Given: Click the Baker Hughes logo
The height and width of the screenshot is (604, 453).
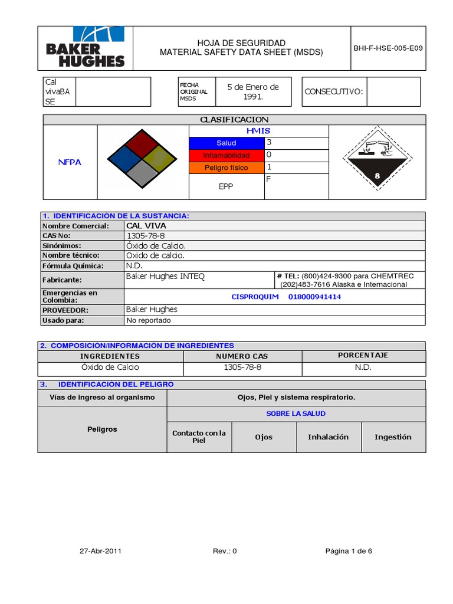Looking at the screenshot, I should pos(86,48).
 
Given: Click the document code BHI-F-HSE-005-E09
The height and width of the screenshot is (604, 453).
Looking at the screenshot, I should pos(388,48).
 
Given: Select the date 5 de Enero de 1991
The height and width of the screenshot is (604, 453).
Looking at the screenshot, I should pos(253,91).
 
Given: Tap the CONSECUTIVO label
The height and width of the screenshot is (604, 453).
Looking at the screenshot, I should pos(333,91).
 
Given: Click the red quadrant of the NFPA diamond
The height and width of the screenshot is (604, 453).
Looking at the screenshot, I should pos(142,143).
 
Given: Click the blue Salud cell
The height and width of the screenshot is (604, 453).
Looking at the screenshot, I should pos(226,143).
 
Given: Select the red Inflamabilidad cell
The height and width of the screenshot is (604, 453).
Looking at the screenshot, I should pos(226,156).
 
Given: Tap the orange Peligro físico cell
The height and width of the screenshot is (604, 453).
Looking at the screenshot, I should pos(226,168).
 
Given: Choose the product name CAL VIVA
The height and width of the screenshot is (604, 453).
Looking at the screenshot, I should pos(146,226).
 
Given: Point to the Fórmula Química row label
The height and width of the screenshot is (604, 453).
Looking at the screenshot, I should pos(73,266).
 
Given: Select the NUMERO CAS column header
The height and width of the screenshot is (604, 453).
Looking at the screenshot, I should pos(242,356).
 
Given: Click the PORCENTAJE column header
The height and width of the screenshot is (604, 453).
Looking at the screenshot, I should pos(363,356).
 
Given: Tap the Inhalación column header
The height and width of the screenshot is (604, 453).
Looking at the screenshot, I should pos(328,437).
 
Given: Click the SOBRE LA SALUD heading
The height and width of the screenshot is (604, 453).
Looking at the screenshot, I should pos(296,413).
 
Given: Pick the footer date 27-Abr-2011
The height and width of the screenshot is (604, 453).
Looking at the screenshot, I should pos(101,551).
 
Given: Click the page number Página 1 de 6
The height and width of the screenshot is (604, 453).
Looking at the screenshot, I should pos(349,551).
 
